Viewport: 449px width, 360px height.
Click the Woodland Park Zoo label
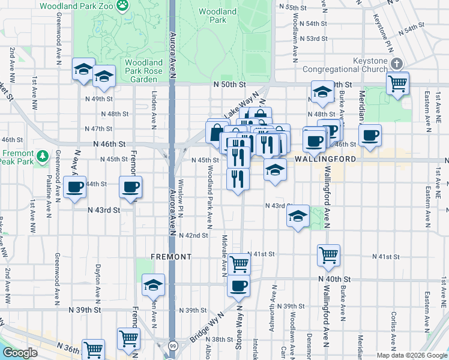[x=77, y=5]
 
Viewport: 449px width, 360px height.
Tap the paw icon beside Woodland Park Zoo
[x=122, y=5]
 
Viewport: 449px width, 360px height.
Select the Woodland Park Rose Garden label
[x=144, y=71]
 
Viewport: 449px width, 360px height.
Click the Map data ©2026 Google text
[x=411, y=355]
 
